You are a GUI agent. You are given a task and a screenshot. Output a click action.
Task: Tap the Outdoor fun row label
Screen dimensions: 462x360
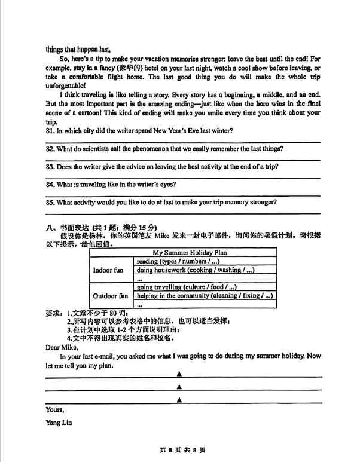tap(110, 295)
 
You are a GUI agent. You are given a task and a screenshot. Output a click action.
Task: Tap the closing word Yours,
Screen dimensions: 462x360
tap(55, 409)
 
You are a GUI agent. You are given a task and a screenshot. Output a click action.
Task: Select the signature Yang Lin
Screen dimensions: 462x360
tap(59, 423)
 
